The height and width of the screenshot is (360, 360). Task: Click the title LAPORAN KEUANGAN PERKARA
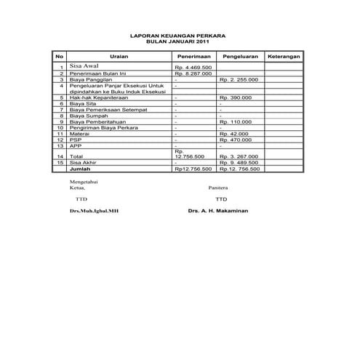pyautogui.click(x=177, y=35)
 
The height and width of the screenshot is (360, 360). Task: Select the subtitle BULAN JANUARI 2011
pyautogui.click(x=177, y=41)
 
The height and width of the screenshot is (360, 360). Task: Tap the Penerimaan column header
pyautogui.click(x=194, y=56)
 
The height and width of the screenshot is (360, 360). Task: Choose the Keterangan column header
pyautogui.click(x=284, y=56)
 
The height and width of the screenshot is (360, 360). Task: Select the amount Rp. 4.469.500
pyautogui.click(x=193, y=68)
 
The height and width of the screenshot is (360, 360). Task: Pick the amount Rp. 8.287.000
pyautogui.click(x=193, y=73)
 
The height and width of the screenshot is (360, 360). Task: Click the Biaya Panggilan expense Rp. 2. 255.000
pyautogui.click(x=239, y=79)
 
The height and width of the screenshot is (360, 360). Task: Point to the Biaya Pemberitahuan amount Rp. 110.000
pyautogui.click(x=235, y=121)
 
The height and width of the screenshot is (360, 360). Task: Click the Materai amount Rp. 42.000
pyautogui.click(x=233, y=134)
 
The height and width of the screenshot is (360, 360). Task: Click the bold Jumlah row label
pyautogui.click(x=78, y=168)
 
